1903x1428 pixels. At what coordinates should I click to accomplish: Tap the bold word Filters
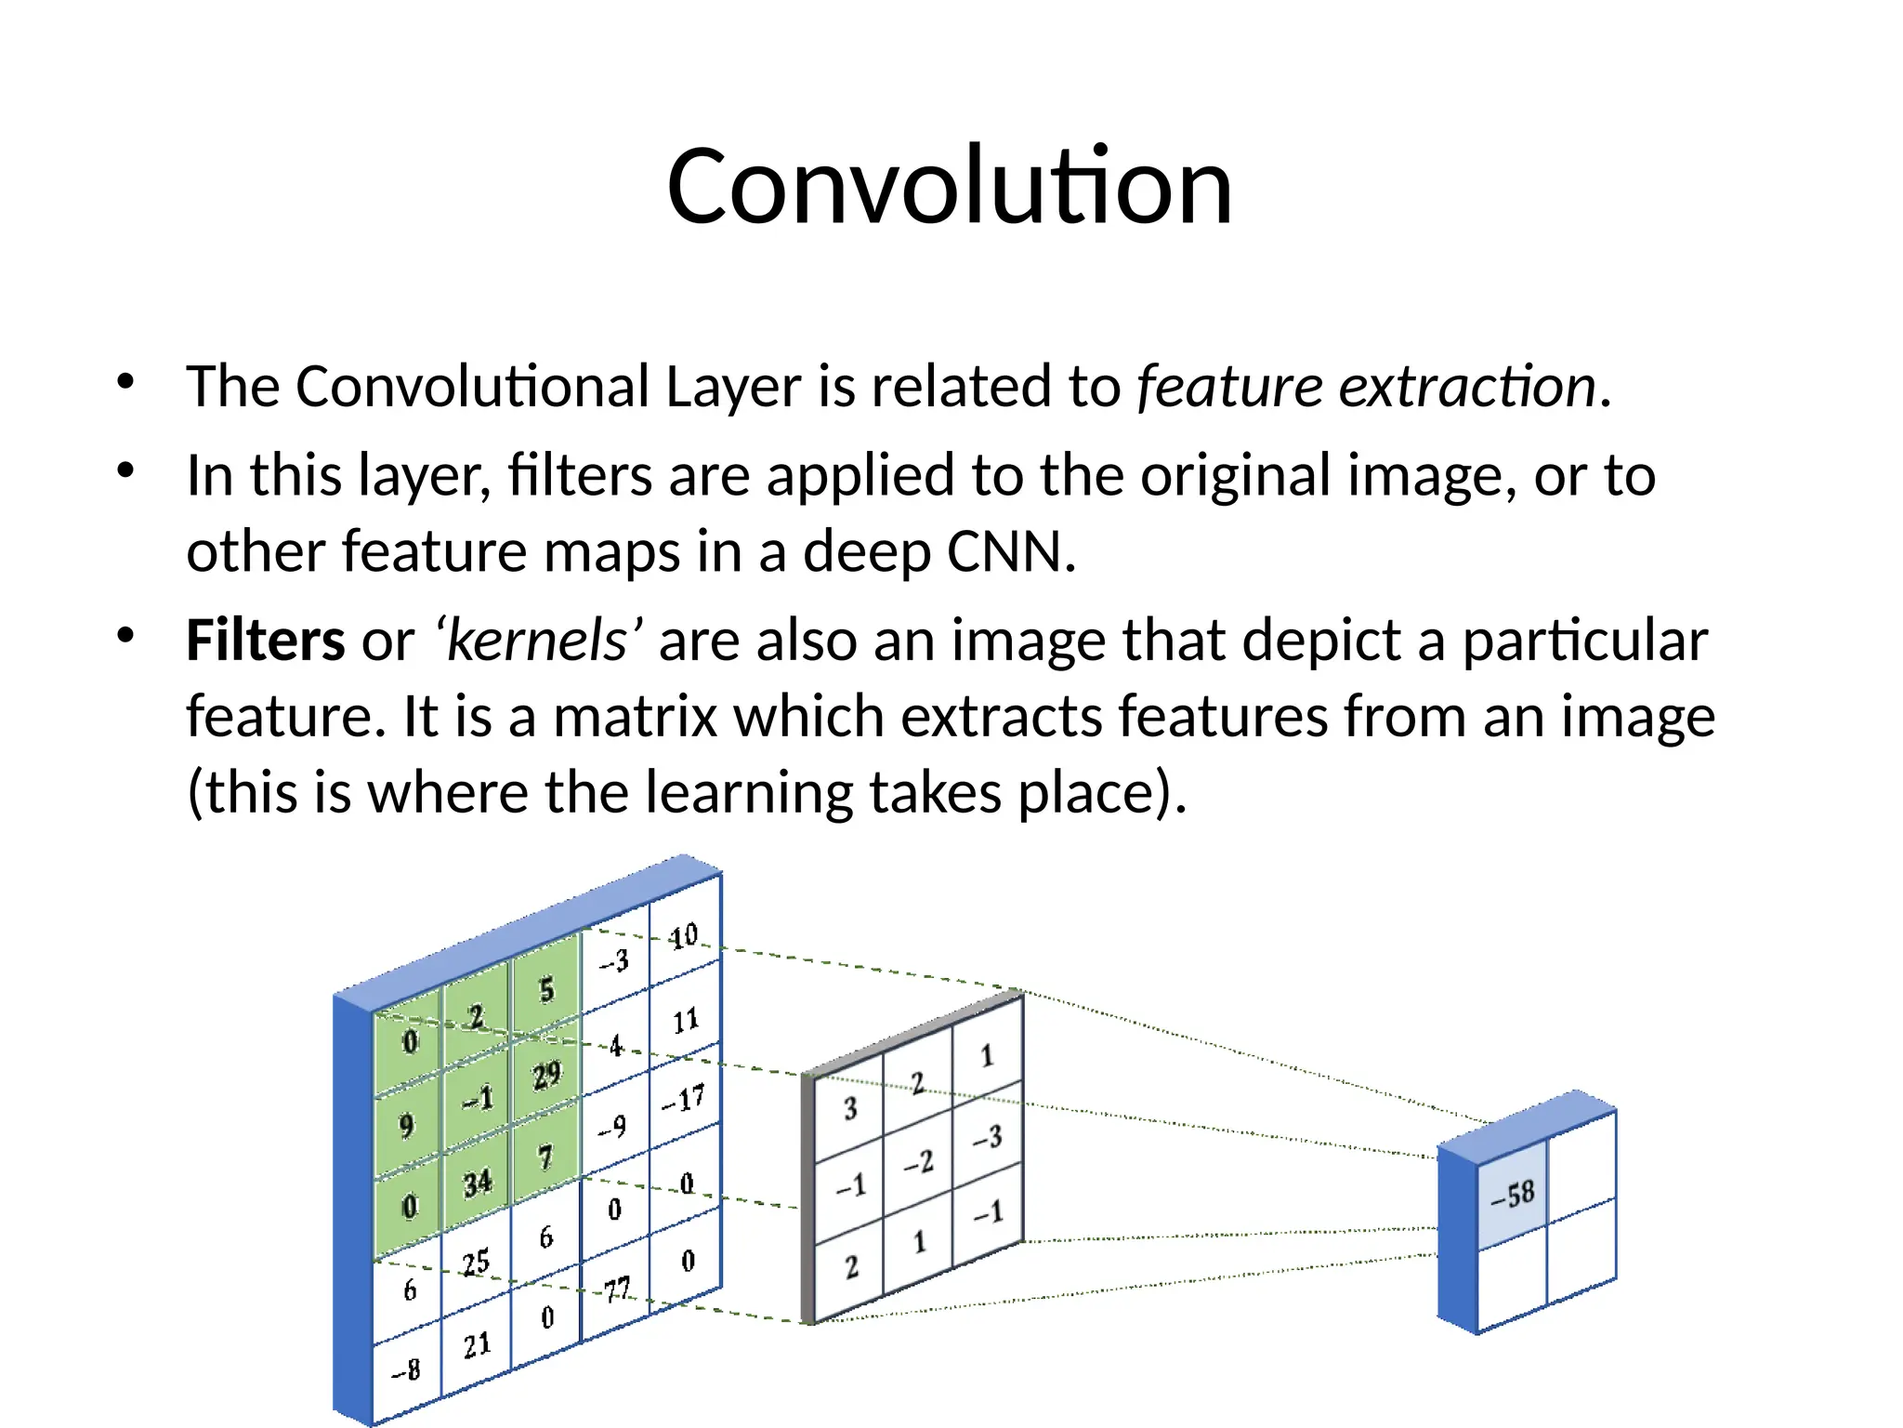266,641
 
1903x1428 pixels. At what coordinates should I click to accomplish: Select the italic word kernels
537,641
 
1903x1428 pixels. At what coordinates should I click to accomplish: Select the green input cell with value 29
546,1076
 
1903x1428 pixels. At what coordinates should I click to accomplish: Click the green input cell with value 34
478,1183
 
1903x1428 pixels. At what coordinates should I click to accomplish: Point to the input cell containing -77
616,1290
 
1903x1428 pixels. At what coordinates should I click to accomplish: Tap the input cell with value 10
685,935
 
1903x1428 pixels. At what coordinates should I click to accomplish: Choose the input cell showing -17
684,1100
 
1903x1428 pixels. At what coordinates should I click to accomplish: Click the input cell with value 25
476,1263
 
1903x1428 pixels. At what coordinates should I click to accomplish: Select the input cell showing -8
406,1369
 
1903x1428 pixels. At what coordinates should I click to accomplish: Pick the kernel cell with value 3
849,1108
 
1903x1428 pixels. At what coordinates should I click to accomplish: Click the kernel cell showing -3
988,1137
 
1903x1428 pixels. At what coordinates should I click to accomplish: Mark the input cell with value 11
686,1021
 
